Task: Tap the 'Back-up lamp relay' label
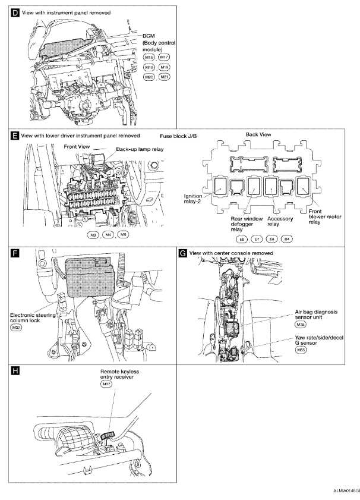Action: pos(140,150)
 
